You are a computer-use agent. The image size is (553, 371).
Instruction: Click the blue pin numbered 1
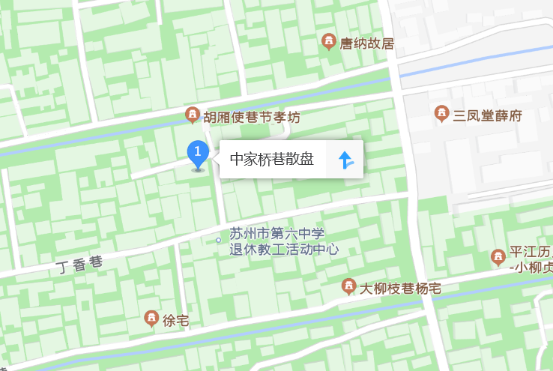(x=197, y=155)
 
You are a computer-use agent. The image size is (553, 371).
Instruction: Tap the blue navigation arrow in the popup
(x=345, y=160)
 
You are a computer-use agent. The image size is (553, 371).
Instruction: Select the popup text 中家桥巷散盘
(x=271, y=160)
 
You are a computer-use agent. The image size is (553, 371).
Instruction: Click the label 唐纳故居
(x=367, y=43)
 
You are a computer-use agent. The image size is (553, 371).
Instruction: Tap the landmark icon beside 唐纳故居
(x=328, y=41)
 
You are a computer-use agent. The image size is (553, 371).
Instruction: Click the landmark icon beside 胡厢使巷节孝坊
(x=193, y=115)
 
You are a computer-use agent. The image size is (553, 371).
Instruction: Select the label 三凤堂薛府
(x=488, y=115)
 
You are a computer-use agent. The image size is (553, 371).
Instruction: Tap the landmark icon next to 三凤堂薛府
(x=442, y=114)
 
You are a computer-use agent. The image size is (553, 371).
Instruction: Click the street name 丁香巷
(x=79, y=265)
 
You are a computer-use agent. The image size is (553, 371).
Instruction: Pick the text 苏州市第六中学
(x=276, y=234)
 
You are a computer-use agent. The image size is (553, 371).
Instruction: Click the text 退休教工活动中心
(x=284, y=250)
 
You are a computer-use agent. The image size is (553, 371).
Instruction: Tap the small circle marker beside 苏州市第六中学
(x=218, y=241)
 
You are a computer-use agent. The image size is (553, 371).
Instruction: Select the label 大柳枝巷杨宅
(x=400, y=288)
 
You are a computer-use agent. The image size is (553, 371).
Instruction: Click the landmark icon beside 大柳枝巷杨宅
(x=348, y=286)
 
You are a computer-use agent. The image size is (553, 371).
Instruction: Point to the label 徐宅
(x=175, y=321)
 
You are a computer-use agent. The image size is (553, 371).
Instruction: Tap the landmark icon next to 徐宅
(x=151, y=319)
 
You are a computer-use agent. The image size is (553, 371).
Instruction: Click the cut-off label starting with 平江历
(x=531, y=252)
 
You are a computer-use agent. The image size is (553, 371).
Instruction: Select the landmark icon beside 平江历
(x=498, y=258)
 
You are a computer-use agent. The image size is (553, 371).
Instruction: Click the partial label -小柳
(x=531, y=267)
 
